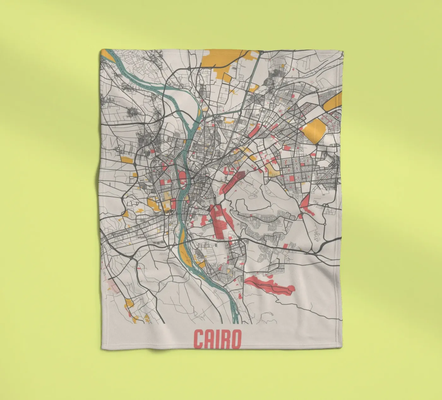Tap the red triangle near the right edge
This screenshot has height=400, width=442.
305,202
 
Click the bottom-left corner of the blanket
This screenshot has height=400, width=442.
102,349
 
